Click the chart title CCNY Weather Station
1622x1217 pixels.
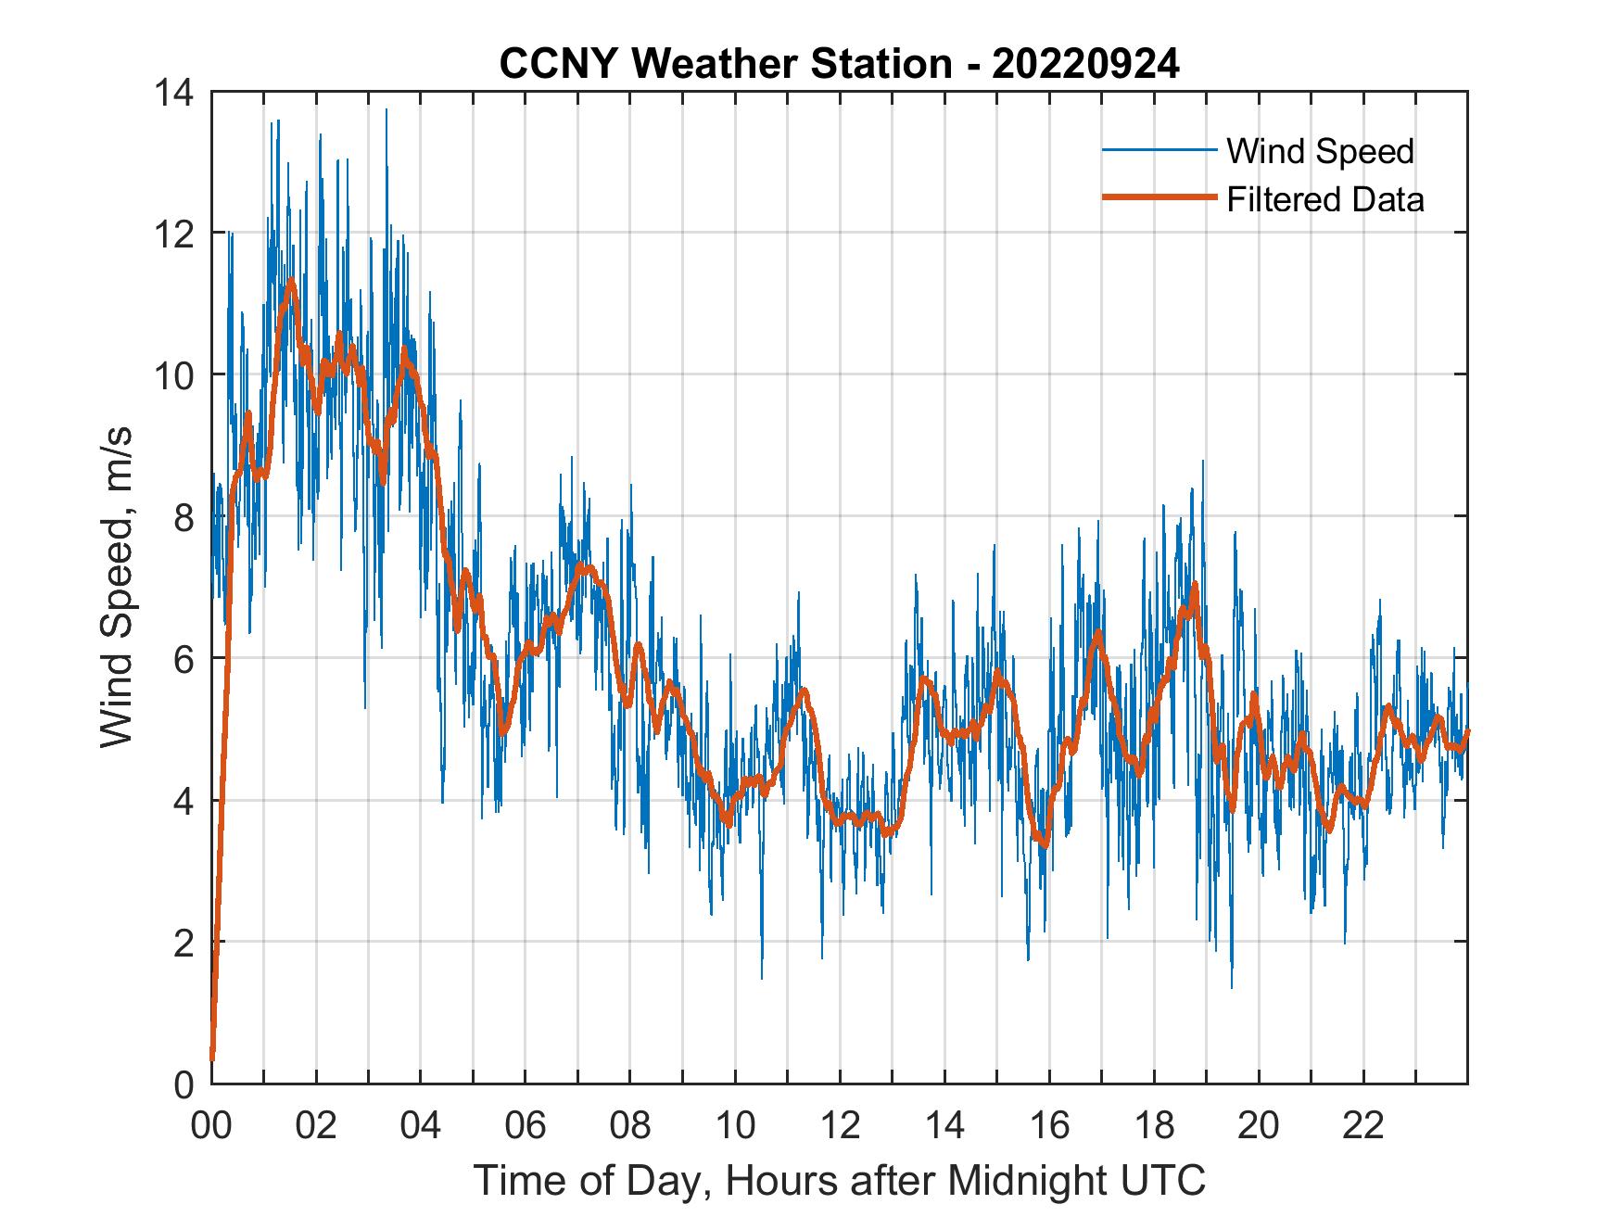725,64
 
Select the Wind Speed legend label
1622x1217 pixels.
1320,151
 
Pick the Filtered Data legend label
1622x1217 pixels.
1324,199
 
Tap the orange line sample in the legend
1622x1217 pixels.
1159,198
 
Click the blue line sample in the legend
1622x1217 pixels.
1159,150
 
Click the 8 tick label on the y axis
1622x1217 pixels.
184,517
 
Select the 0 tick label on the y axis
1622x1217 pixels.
184,1084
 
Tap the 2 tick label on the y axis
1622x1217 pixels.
184,943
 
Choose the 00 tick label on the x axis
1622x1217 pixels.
211,1127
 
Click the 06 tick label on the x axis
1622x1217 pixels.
526,1127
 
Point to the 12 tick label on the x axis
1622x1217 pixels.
840,1127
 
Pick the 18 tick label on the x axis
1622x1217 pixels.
1154,1127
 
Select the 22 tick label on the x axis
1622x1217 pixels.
1363,1127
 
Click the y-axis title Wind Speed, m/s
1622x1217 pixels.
117,587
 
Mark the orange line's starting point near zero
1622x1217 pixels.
212,1058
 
